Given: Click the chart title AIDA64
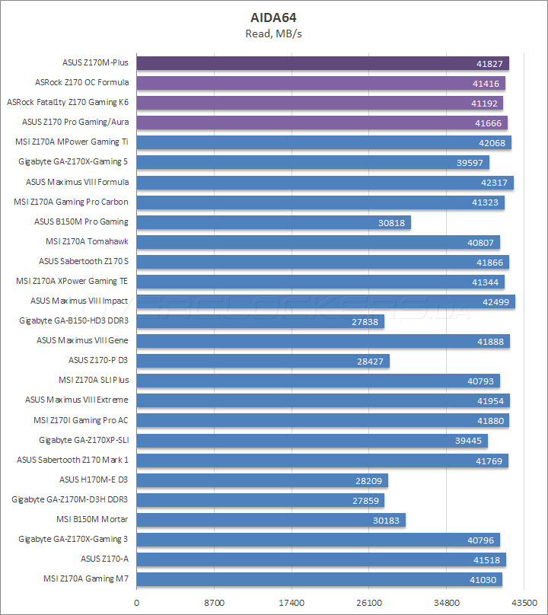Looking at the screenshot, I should point(274,17).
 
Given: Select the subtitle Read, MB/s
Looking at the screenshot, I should point(274,33).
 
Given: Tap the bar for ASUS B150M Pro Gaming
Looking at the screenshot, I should point(273,222).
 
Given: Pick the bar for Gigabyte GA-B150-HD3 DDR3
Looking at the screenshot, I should point(260,321).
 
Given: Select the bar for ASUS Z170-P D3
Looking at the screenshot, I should point(263,361).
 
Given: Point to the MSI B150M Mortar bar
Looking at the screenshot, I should point(270,520).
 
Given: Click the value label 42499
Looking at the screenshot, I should point(496,301).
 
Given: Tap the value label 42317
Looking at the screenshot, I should point(495,183).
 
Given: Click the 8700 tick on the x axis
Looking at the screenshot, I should point(215,602).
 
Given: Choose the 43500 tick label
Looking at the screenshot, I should point(524,602).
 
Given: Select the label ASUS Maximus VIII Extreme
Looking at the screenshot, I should point(77,400).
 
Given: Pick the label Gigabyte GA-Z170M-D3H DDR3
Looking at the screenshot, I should point(70,499).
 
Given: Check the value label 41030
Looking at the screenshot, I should point(483,579).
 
